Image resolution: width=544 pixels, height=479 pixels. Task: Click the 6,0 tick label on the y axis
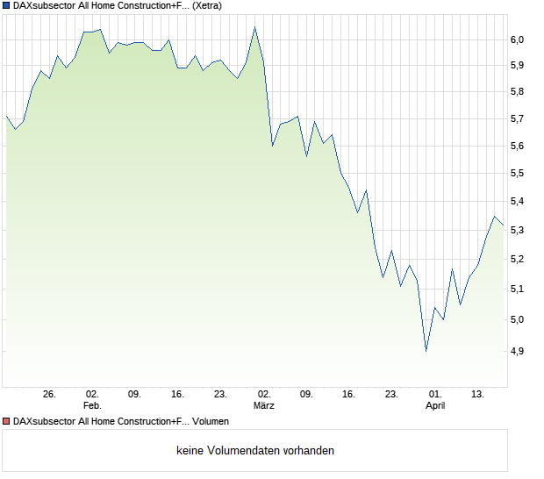[x=517, y=39]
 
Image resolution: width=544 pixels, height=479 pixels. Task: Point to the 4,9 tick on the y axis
[x=517, y=351]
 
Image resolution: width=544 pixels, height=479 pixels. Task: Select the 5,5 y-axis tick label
[x=517, y=174]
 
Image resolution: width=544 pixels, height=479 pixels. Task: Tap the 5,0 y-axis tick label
[x=517, y=319]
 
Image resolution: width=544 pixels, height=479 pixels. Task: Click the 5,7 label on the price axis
[x=517, y=118]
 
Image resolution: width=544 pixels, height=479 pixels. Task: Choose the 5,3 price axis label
[x=517, y=230]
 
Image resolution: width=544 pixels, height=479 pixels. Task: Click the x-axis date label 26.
[x=49, y=394]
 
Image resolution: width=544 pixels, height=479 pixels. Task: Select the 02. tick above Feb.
[x=92, y=394]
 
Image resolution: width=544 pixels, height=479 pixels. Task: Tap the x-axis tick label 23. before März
[x=220, y=394]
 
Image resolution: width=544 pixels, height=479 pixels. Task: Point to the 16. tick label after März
[x=349, y=394]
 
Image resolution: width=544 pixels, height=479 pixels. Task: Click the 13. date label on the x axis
[x=478, y=394]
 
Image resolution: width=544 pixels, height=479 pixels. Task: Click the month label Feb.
[x=92, y=405]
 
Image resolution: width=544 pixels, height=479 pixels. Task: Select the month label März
[x=264, y=405]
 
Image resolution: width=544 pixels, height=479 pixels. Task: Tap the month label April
[x=435, y=405]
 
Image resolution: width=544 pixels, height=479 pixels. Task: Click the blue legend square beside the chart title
[x=7, y=5]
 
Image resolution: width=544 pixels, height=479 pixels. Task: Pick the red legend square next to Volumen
[x=7, y=422]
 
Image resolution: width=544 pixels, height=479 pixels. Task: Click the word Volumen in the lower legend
[x=210, y=422]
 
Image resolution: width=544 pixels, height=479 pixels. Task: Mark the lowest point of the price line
[x=426, y=351]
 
